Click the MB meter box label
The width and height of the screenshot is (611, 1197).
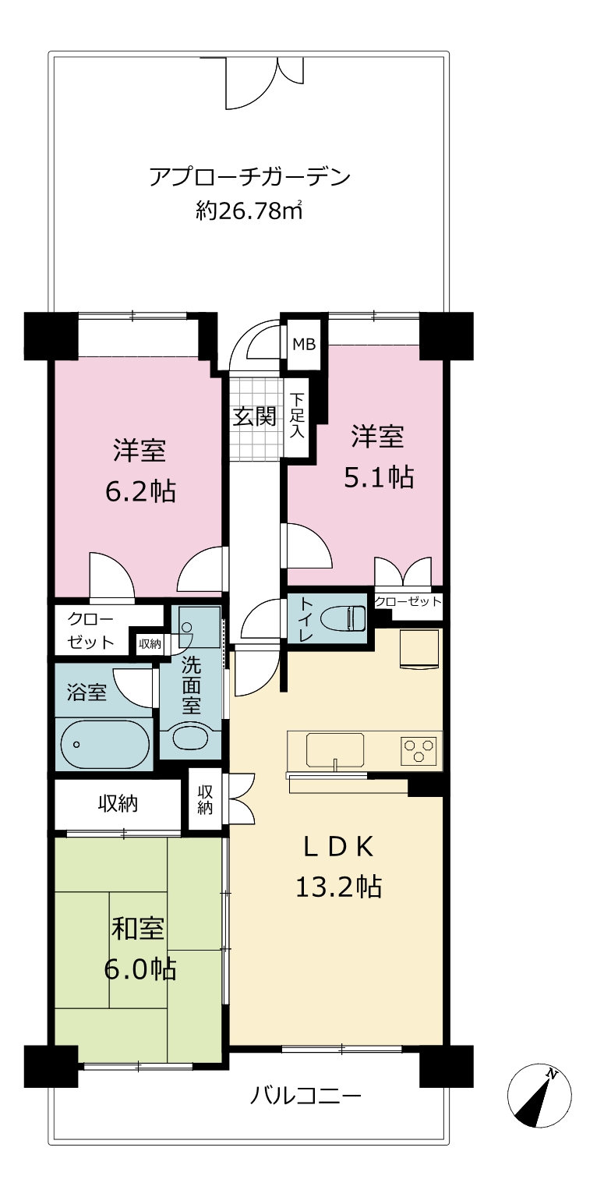[304, 345]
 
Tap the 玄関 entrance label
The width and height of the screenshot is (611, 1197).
[255, 416]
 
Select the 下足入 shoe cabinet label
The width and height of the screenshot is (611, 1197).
[297, 416]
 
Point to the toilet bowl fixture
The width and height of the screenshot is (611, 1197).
[344, 619]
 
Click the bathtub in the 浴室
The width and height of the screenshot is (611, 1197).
[104, 745]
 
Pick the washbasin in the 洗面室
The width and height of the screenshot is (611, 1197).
[191, 738]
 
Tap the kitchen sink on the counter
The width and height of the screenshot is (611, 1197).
[335, 749]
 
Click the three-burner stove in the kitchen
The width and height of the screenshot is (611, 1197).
[419, 749]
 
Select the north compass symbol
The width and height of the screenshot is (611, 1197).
[539, 1095]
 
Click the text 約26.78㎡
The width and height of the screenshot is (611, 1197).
[249, 211]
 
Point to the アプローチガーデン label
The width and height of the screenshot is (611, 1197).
[249, 176]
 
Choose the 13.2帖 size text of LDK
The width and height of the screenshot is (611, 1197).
[338, 887]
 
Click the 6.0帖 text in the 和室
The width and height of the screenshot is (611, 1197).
[140, 969]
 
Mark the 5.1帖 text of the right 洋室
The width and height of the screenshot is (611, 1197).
[378, 476]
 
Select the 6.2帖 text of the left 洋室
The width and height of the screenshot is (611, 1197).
[140, 491]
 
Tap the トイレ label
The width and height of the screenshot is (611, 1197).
[305, 618]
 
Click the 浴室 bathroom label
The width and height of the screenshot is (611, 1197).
[87, 692]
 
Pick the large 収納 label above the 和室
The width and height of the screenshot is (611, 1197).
[118, 803]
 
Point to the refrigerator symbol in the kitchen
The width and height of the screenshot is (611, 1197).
[419, 648]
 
